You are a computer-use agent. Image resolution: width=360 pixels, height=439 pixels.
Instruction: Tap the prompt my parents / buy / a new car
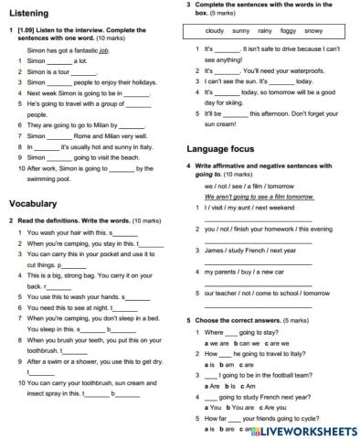tap(243, 272)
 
